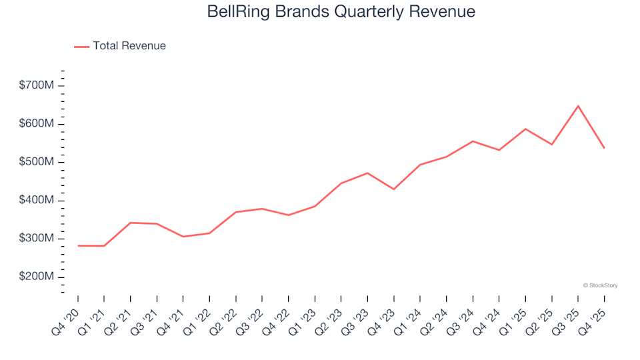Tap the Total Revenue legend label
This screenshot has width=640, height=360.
129,46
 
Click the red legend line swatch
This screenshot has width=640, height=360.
81,46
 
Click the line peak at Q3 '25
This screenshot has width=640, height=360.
578,106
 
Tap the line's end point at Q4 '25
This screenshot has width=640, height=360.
604,148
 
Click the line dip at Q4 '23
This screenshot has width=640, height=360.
393,189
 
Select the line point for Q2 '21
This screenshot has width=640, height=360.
130,223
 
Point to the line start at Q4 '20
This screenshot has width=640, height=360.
78,245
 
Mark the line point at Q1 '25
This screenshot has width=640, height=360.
525,129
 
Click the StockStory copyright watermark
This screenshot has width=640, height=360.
600,285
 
